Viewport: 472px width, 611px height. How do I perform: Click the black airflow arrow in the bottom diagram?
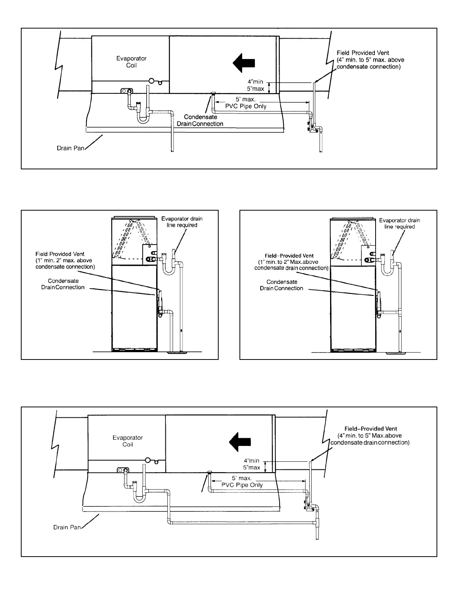pos(240,442)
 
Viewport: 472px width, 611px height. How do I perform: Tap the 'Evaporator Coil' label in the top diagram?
pos(131,62)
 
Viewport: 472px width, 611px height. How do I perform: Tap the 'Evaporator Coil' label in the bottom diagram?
pos(128,441)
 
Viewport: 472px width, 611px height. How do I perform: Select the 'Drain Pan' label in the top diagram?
pos(71,148)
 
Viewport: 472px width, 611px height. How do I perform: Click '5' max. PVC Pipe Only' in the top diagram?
pos(246,103)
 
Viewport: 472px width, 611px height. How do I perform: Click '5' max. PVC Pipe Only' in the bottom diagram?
pos(242,482)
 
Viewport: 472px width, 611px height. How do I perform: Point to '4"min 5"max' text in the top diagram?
pos(256,85)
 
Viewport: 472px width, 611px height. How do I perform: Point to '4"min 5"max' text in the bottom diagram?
pos(252,464)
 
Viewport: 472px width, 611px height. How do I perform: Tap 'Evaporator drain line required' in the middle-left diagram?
pos(182,222)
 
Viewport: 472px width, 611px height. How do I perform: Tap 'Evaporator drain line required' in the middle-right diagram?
pos(400,223)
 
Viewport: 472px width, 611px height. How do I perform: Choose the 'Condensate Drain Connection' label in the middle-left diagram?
pos(63,284)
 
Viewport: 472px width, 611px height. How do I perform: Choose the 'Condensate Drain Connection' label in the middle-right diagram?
pos(282,285)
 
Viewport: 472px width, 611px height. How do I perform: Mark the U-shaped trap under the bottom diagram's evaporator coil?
pos(139,497)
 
